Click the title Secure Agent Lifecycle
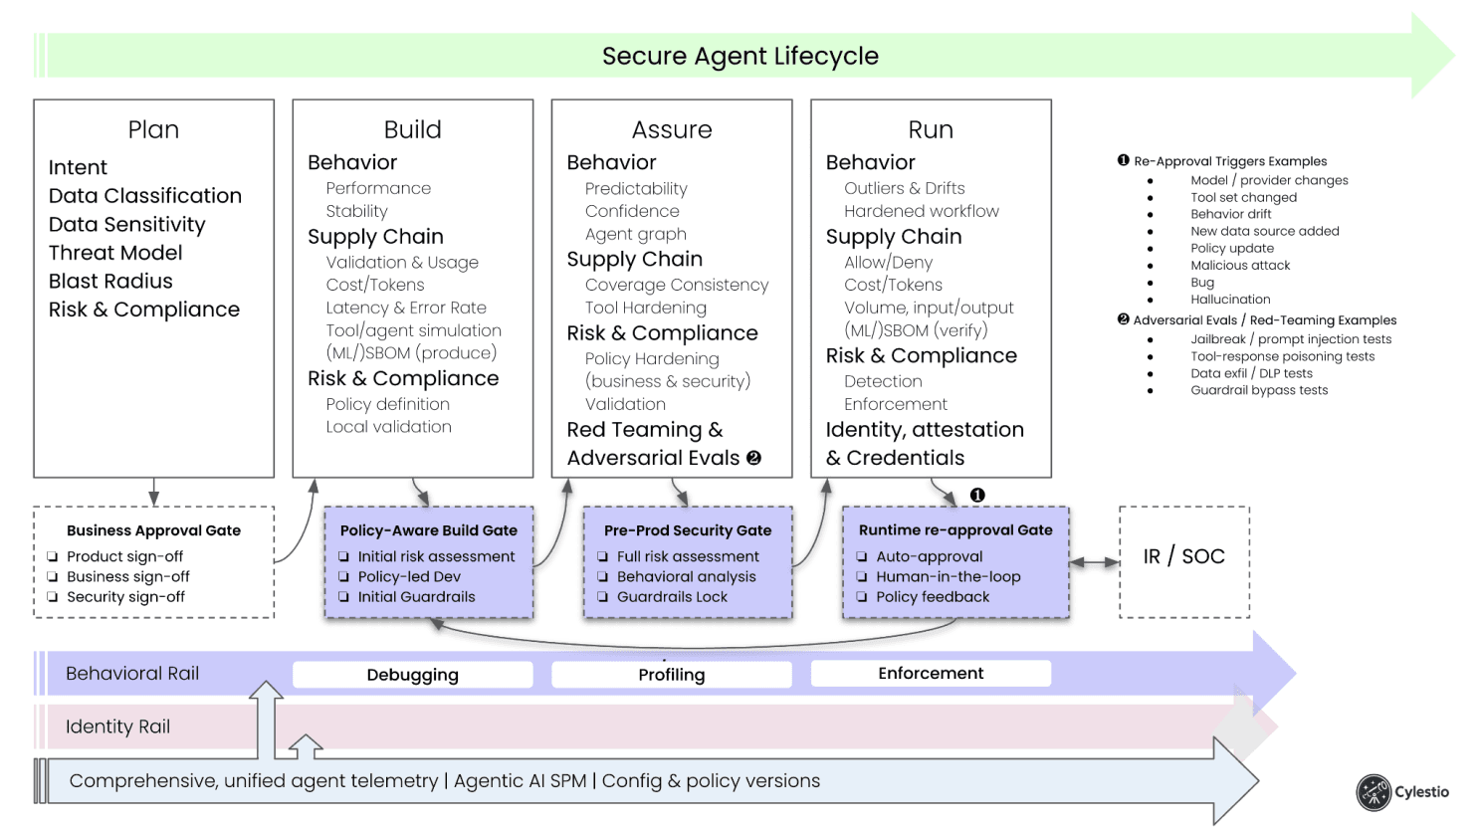(740, 56)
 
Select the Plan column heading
(153, 129)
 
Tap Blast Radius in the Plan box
(110, 281)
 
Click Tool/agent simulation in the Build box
(413, 330)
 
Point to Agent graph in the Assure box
(635, 234)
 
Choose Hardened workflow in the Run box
(921, 211)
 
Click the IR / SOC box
(1183, 557)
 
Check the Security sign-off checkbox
(53, 597)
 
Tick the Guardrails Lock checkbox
(603, 597)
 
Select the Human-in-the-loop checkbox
(862, 577)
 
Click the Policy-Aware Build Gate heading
(428, 530)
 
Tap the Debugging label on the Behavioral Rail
(412, 675)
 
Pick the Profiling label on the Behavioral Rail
(671, 675)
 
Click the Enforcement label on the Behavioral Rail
(930, 674)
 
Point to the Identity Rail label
(117, 727)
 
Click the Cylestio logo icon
(1374, 792)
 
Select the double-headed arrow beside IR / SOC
(1094, 562)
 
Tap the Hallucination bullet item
(1230, 299)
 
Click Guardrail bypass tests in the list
(1259, 390)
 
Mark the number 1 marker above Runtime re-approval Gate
(977, 495)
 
